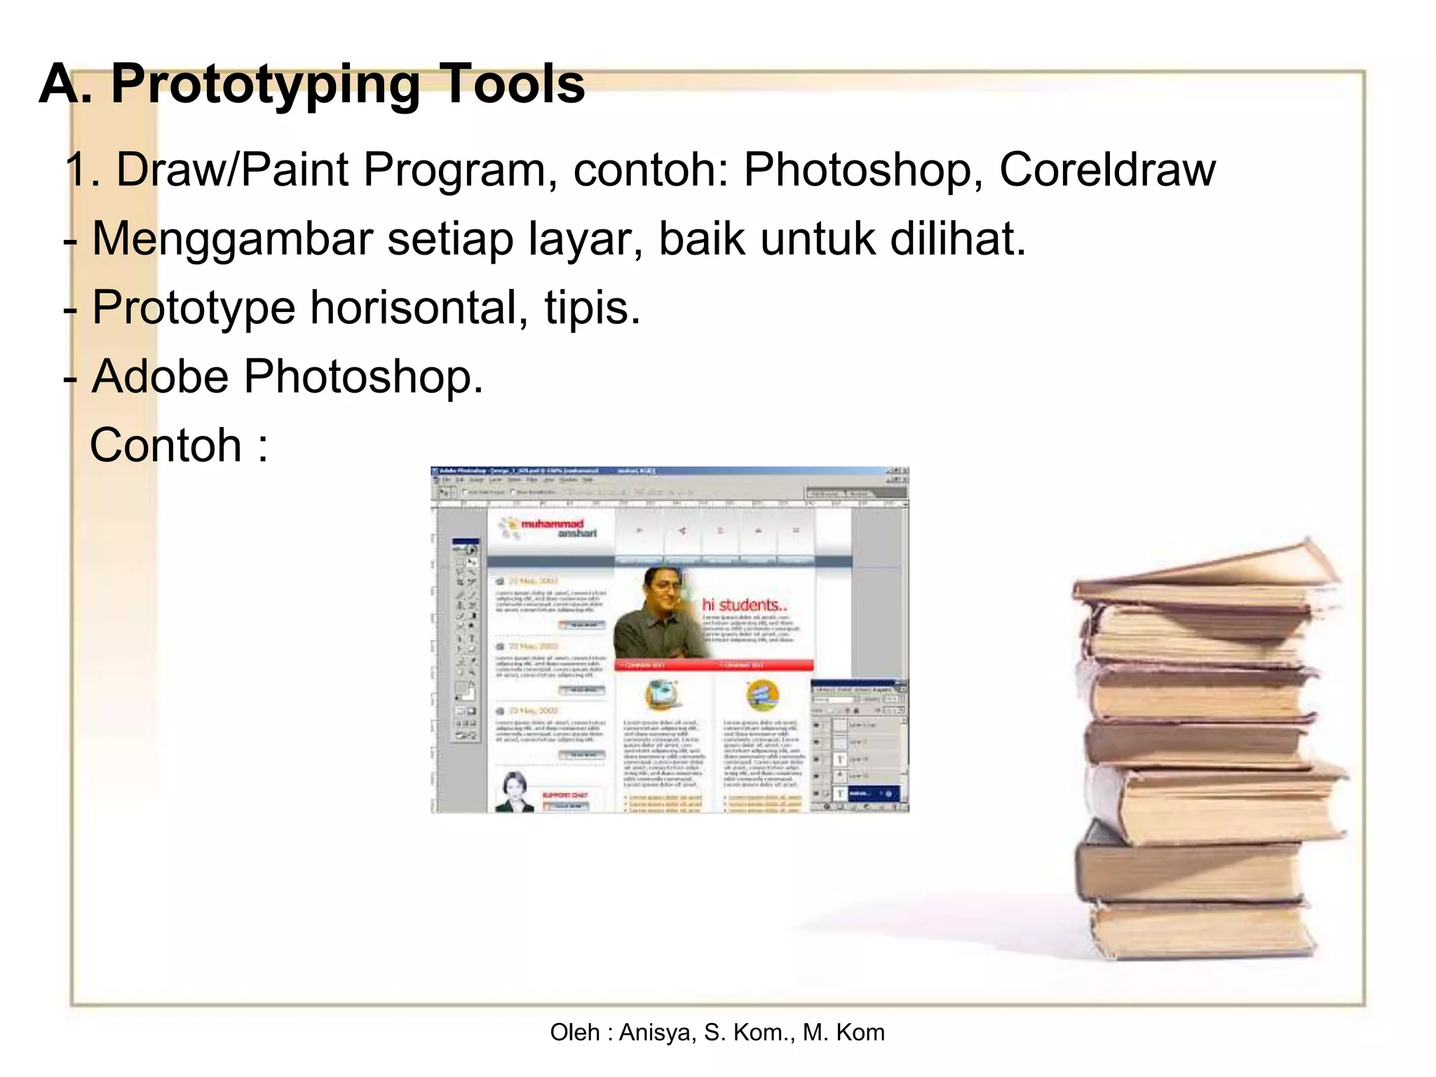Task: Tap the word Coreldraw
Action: (x=1107, y=170)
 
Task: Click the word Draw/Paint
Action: (x=231, y=170)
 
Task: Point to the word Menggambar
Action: (x=232, y=240)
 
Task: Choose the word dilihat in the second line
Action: (x=957, y=238)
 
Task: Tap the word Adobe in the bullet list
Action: (x=161, y=377)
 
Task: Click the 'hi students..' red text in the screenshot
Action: (x=745, y=604)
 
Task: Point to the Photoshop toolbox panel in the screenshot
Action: (x=465, y=642)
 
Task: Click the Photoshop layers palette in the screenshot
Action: (x=859, y=747)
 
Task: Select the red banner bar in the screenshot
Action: (x=714, y=665)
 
